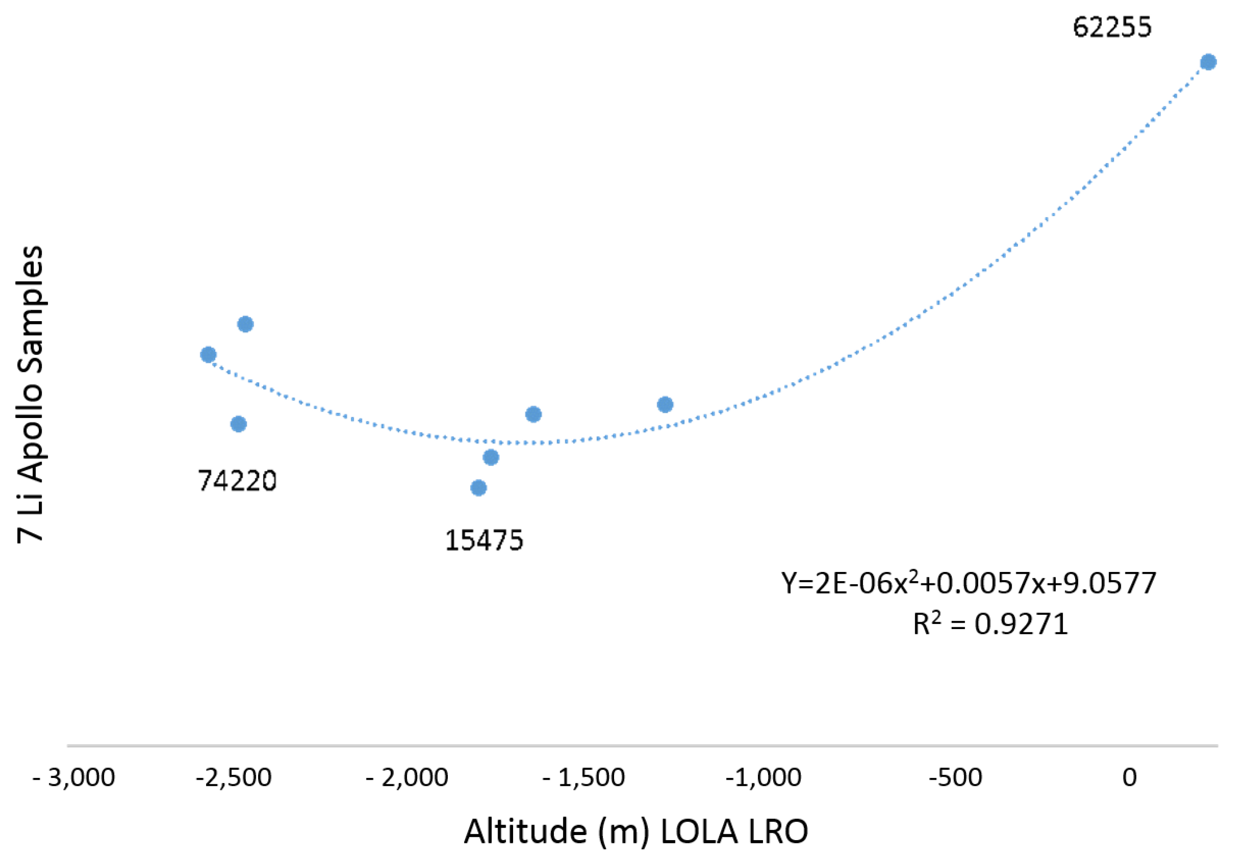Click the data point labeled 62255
(1208, 62)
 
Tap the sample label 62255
(1112, 27)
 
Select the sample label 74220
(237, 481)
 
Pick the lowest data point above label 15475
(478, 488)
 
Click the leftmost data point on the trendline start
(208, 354)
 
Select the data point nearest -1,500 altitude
(533, 414)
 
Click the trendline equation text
(968, 583)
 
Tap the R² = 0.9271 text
(990, 624)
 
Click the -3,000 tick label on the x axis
(74, 778)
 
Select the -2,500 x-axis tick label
(234, 778)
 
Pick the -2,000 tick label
(407, 778)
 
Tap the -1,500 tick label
(584, 778)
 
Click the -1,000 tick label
(763, 778)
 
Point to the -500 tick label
(955, 778)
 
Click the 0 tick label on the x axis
(1129, 778)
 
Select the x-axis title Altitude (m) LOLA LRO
(636, 832)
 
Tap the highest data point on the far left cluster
(245, 324)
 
